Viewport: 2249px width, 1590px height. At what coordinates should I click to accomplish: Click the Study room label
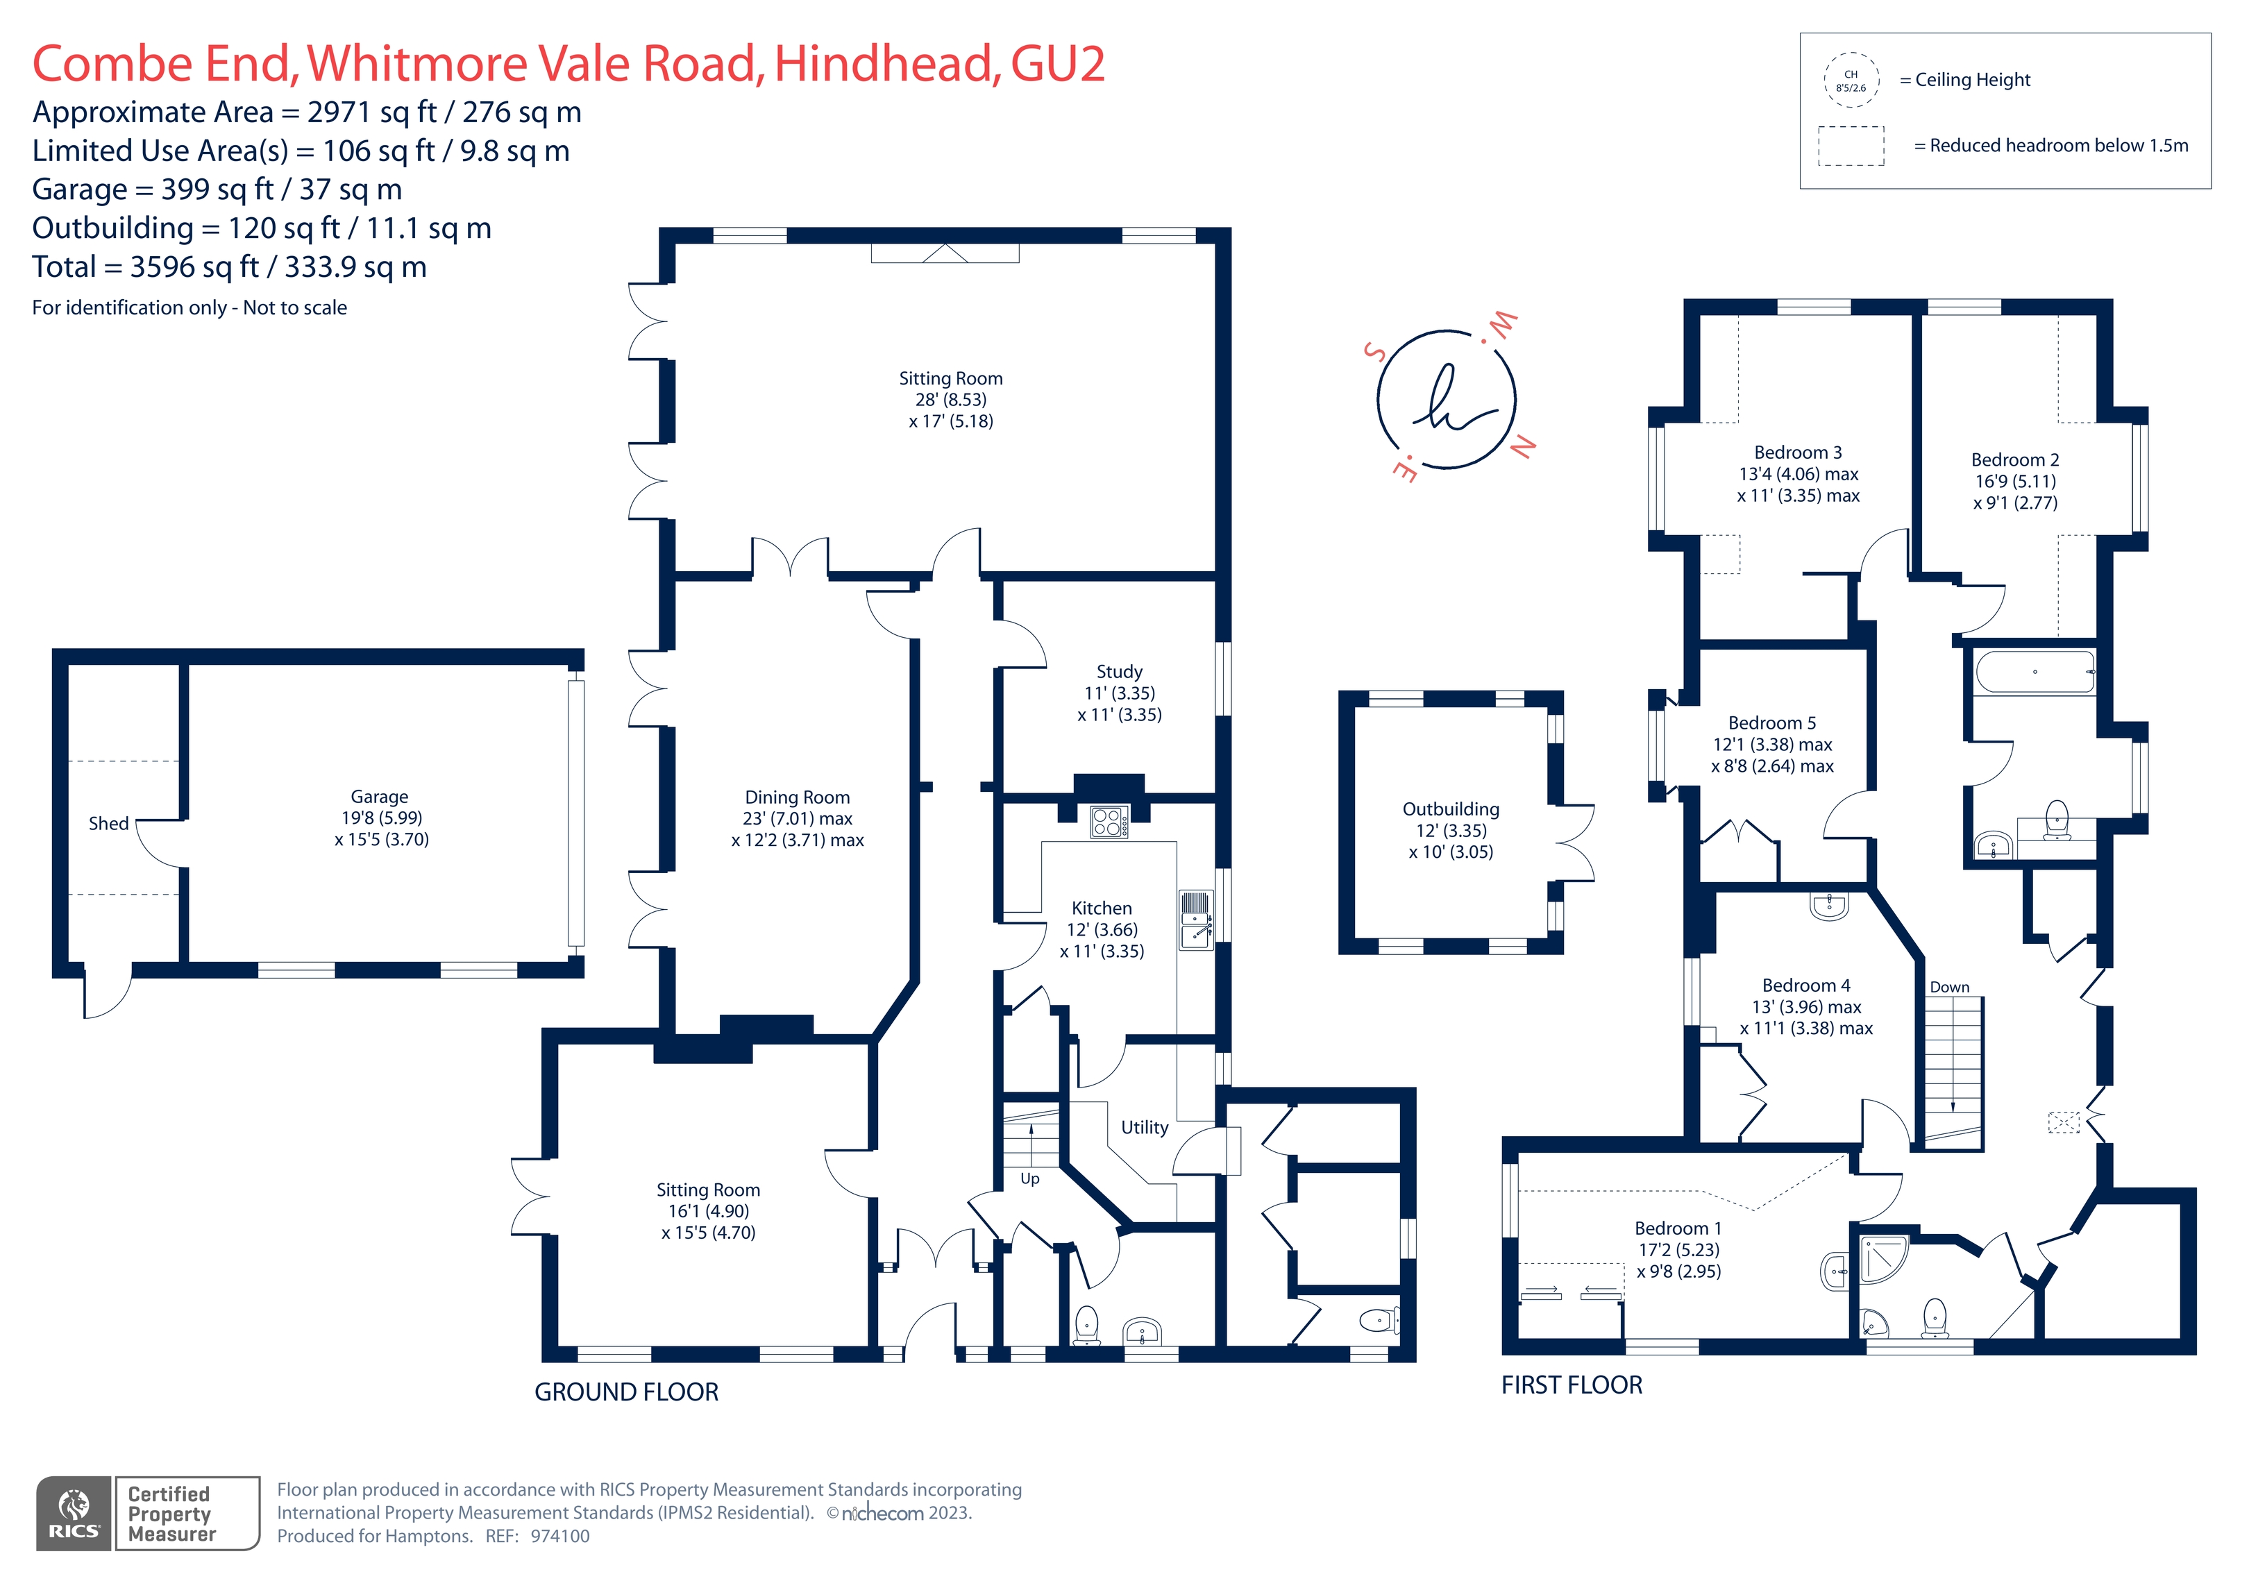pyautogui.click(x=1120, y=672)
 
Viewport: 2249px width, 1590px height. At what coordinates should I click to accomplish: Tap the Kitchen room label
pyautogui.click(x=1102, y=908)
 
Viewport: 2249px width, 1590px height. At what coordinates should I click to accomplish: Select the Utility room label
pyautogui.click(x=1145, y=1128)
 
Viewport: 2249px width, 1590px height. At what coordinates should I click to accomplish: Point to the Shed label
pyautogui.click(x=109, y=824)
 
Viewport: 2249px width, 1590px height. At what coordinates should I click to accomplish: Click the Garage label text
pyautogui.click(x=380, y=797)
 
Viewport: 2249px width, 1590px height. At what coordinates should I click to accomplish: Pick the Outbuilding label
pyautogui.click(x=1451, y=809)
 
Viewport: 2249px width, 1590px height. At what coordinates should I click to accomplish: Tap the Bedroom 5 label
pyautogui.click(x=1772, y=723)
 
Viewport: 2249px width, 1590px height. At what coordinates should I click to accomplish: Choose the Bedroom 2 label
pyautogui.click(x=2015, y=459)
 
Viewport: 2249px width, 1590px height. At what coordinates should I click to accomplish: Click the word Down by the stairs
pyautogui.click(x=1949, y=988)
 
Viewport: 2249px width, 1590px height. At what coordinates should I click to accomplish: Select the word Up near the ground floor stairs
pyautogui.click(x=1029, y=1178)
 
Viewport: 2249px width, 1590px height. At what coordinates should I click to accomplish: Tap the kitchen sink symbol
pyautogui.click(x=1195, y=920)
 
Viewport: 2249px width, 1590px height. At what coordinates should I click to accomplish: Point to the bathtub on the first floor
pyautogui.click(x=2035, y=672)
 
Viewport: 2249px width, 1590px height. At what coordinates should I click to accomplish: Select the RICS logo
pyautogui.click(x=74, y=1514)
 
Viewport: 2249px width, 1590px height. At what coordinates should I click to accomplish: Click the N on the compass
pyautogui.click(x=1522, y=447)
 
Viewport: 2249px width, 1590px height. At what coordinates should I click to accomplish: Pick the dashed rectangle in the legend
pyautogui.click(x=1851, y=146)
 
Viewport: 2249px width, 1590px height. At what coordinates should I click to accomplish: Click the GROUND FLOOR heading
pyautogui.click(x=626, y=1392)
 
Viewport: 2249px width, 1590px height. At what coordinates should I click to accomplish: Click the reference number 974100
pyautogui.click(x=560, y=1536)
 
